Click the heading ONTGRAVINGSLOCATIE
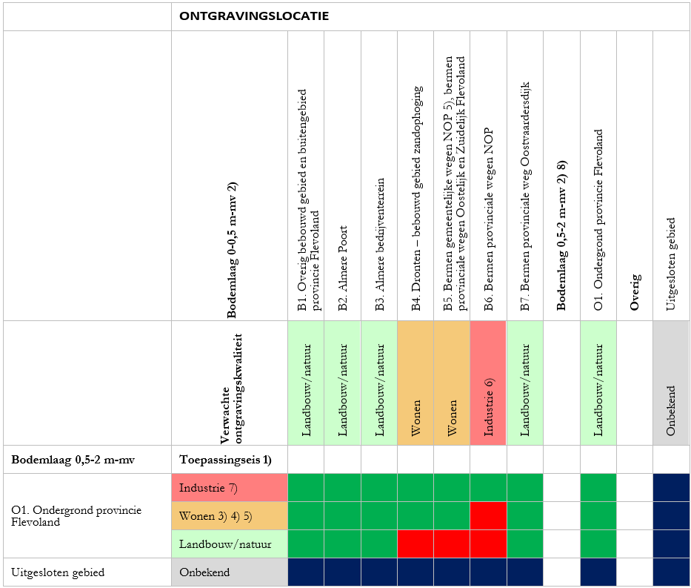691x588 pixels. tap(254, 16)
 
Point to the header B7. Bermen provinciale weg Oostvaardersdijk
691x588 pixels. tap(524, 197)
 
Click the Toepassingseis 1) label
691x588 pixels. tap(225, 460)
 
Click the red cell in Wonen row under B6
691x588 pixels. tap(488, 516)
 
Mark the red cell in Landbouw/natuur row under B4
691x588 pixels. tap(415, 544)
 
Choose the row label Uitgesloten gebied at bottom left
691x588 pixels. tap(58, 572)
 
